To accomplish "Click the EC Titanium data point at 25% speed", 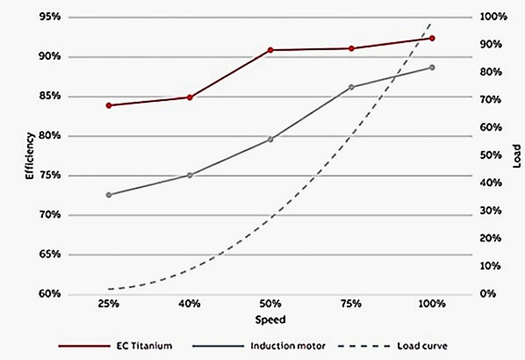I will point(109,105).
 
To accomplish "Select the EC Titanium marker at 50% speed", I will point(270,50).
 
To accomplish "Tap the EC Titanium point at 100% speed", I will point(432,38).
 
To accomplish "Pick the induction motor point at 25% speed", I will point(109,195).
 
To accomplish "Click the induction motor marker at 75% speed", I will point(351,87).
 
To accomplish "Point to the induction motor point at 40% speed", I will point(190,175).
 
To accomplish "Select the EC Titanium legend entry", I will point(144,346).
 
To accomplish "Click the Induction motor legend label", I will point(288,346).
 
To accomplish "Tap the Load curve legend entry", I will point(422,346).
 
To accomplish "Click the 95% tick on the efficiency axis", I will point(50,17).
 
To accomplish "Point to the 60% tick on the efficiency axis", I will point(50,294).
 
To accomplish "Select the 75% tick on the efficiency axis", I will point(50,175).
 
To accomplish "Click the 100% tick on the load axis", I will point(493,17).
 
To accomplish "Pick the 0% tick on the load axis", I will point(488,294).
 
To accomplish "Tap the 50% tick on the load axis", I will point(490,155).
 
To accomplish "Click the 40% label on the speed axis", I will point(189,304).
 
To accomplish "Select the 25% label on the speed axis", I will point(109,304).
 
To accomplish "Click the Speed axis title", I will point(270,319).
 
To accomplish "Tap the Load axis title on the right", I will point(517,156).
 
